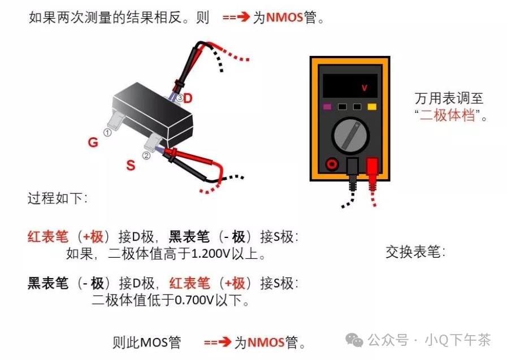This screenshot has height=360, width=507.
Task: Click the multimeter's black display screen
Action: (350, 87)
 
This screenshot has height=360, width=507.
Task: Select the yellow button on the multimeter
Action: (372, 106)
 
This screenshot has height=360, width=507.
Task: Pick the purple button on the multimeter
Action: (327, 106)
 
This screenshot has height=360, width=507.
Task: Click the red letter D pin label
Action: (188, 98)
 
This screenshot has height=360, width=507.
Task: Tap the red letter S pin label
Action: (131, 166)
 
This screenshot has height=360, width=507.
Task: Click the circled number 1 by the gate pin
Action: (107, 132)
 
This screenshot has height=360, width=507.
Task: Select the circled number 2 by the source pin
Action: (146, 155)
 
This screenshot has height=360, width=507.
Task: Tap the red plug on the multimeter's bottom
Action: (372, 168)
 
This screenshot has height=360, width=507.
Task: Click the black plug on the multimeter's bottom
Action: (352, 168)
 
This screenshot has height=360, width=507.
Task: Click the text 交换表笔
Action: (415, 251)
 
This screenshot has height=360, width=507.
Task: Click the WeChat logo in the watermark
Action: (355, 340)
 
